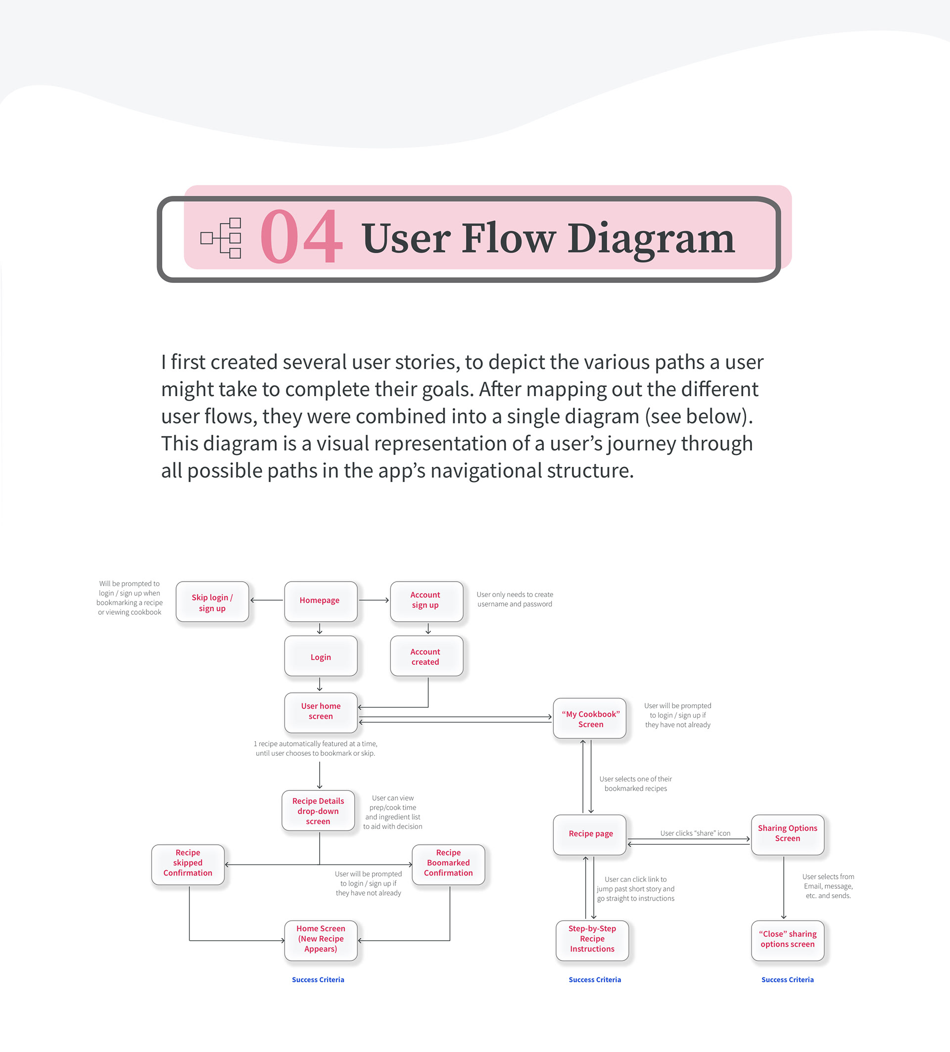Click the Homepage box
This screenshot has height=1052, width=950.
click(x=321, y=601)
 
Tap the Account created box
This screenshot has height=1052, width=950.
click(x=426, y=656)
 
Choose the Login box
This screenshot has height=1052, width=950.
click(x=321, y=656)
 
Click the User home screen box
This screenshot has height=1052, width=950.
click(x=321, y=712)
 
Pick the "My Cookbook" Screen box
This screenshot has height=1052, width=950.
click(x=590, y=719)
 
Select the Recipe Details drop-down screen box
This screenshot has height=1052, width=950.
click(x=318, y=811)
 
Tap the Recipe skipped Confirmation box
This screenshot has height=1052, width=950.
click(x=188, y=864)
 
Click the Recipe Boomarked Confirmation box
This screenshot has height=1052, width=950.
click(x=448, y=864)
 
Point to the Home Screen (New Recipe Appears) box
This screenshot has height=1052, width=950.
click(x=321, y=940)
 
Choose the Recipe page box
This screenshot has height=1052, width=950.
click(x=590, y=834)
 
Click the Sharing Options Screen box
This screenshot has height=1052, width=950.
click(x=787, y=834)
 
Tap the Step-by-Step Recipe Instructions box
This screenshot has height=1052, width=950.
click(x=592, y=940)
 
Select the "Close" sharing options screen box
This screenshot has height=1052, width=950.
click(x=787, y=940)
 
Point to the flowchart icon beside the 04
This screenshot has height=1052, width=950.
click(x=221, y=238)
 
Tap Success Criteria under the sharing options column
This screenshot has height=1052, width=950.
click(x=787, y=979)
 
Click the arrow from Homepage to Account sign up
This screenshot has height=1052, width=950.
click(x=374, y=600)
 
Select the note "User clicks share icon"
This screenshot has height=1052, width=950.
click(x=695, y=833)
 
